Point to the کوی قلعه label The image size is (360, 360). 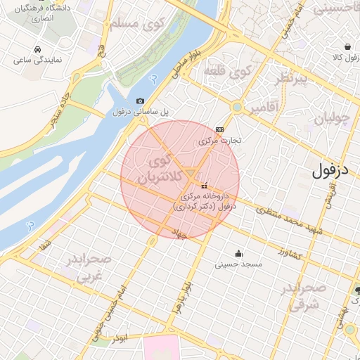click(226, 71)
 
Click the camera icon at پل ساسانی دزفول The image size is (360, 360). click(139, 101)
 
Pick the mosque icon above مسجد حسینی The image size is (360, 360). click(238, 253)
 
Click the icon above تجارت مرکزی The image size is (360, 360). click(220, 130)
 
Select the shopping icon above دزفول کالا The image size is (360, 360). click(340, 45)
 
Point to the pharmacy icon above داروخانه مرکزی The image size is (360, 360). click(205, 186)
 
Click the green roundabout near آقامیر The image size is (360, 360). click(237, 108)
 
